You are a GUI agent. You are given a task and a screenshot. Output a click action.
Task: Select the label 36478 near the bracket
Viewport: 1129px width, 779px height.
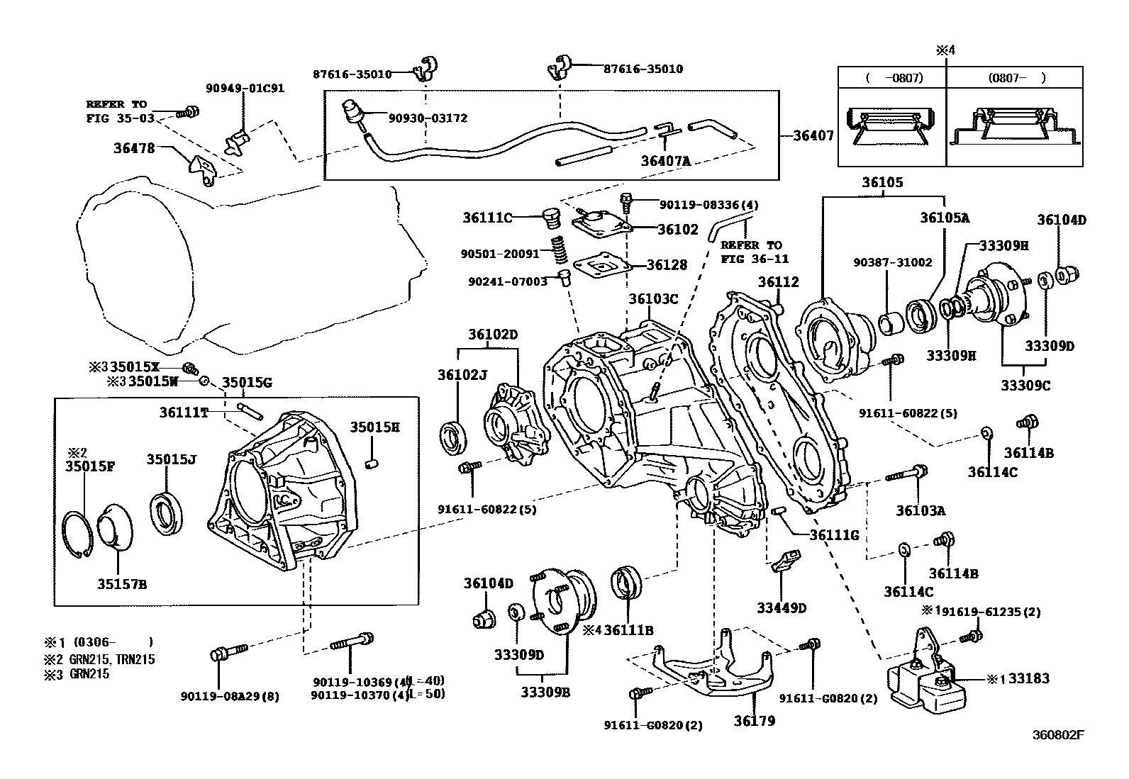tap(135, 149)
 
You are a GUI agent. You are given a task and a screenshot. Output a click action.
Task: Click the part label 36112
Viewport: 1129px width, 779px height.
tap(778, 282)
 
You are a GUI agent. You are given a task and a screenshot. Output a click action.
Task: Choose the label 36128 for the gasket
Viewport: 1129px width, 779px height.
tap(667, 265)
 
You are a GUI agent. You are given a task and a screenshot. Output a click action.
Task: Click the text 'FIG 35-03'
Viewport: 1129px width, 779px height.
tap(121, 118)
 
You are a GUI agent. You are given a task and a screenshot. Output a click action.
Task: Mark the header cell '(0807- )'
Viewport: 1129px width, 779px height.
tap(1015, 78)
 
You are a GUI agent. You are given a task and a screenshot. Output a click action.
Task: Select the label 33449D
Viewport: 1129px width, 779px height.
tap(782, 607)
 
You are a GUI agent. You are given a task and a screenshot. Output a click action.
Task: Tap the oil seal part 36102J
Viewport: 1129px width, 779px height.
tap(455, 437)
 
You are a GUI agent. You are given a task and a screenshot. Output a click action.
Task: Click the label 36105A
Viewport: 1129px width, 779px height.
tap(944, 218)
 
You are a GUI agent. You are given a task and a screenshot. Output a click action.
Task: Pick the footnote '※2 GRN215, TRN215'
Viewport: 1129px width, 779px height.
tap(100, 659)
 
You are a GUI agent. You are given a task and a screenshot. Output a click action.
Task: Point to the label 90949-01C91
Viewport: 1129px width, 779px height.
tap(245, 89)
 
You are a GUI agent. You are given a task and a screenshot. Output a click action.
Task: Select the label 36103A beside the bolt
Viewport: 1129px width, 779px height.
tap(921, 510)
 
